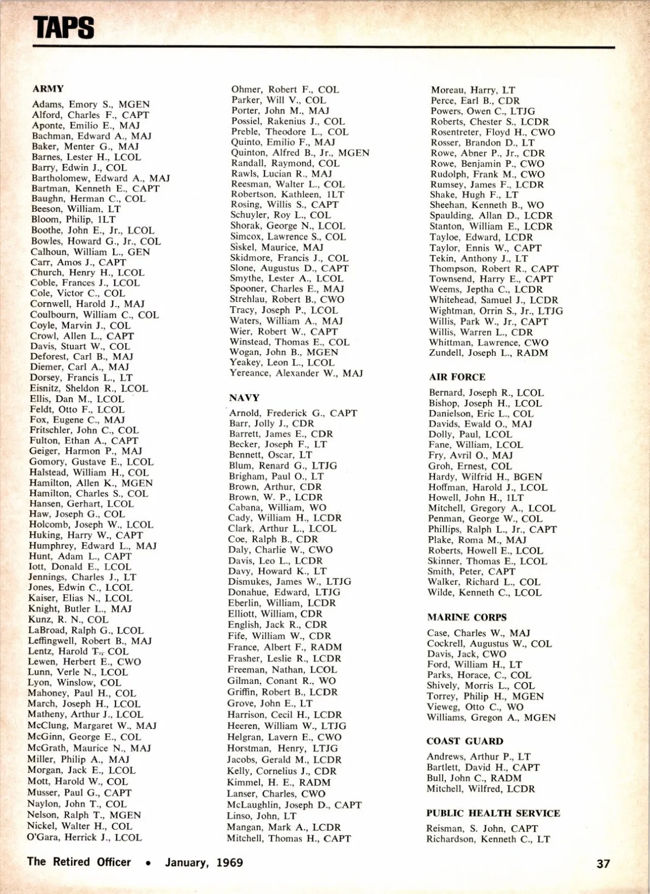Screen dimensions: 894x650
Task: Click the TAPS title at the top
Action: tap(64, 27)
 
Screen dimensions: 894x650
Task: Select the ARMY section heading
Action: tap(48, 89)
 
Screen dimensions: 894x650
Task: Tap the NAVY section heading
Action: tap(244, 397)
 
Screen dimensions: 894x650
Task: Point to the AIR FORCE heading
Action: tap(457, 377)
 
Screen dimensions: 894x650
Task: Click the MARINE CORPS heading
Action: tap(466, 617)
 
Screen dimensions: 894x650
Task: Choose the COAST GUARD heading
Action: tap(465, 741)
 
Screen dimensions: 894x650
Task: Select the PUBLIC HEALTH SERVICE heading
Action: tap(493, 813)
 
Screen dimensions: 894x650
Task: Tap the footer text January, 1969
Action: tap(204, 863)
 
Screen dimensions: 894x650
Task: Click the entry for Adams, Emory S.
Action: tap(90, 105)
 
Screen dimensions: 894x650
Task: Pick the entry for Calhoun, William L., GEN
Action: tap(90, 252)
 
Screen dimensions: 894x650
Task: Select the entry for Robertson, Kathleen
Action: tap(287, 194)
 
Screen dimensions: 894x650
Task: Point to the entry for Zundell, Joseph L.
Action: tap(489, 353)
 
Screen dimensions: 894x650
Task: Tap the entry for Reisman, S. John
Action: tap(482, 828)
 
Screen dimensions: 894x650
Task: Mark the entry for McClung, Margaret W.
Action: tap(92, 726)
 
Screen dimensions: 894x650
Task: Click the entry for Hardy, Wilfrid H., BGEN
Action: tap(485, 477)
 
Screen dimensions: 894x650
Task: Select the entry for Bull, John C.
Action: tap(474, 778)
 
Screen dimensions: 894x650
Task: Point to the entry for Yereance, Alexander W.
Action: tap(296, 373)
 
